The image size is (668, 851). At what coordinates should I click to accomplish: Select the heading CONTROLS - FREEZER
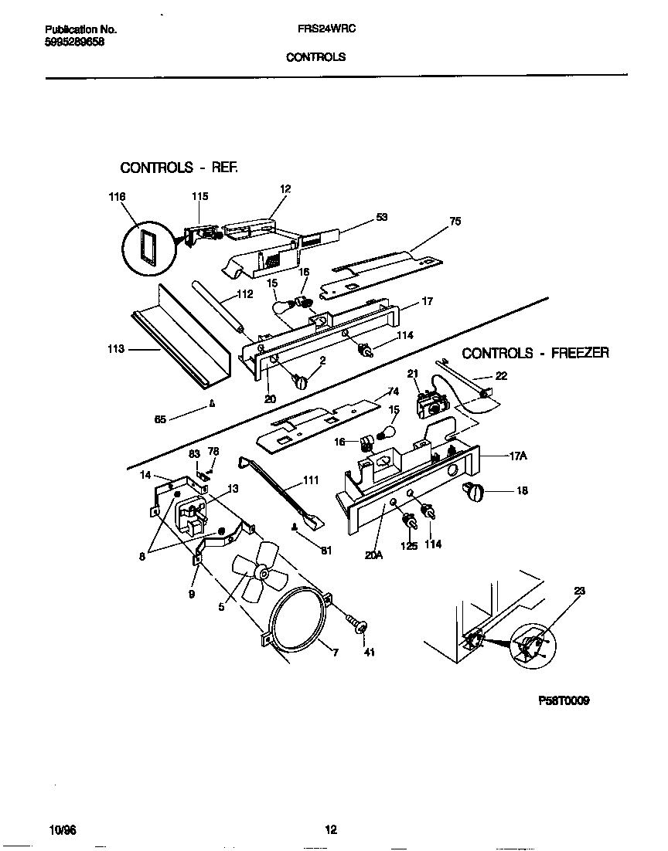click(x=535, y=353)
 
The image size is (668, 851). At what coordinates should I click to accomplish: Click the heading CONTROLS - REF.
click(x=179, y=167)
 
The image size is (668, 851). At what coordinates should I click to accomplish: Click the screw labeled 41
click(x=359, y=623)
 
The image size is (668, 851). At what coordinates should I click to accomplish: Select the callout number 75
click(x=455, y=222)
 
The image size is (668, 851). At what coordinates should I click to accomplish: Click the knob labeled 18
click(x=472, y=490)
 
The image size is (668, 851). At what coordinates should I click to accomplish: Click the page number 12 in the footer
click(x=330, y=830)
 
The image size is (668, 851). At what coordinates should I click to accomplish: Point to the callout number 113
click(x=116, y=349)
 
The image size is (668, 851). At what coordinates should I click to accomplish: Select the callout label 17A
click(x=518, y=456)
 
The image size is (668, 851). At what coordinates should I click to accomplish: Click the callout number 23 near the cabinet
click(x=580, y=591)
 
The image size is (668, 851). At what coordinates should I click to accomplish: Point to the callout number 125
click(x=409, y=545)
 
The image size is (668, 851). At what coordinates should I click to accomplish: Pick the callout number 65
click(x=160, y=419)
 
